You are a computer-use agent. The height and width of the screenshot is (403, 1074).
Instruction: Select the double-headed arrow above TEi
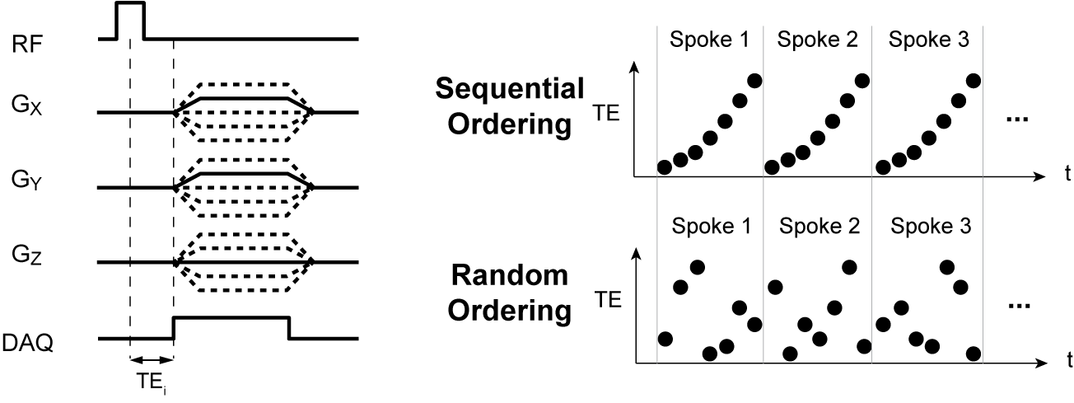pos(152,360)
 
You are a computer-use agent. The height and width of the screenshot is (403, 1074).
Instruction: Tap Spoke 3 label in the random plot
pos(928,224)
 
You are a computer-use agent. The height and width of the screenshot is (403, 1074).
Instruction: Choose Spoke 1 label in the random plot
pos(710,224)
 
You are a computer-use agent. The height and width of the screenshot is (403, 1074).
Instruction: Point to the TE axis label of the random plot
pos(605,302)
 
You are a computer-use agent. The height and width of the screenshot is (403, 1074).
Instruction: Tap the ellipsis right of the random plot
pos(1020,306)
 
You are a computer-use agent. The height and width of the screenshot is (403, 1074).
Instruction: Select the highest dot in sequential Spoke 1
pos(754,80)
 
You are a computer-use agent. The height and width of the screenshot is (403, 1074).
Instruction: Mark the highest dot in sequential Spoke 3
pos(973,80)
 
